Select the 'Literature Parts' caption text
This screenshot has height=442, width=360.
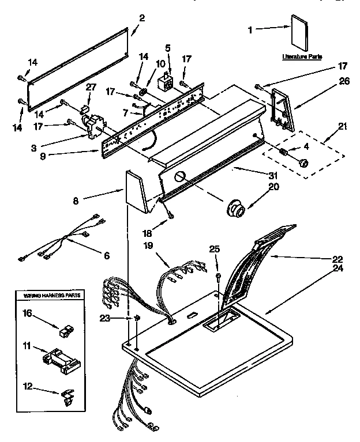click(x=302, y=57)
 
